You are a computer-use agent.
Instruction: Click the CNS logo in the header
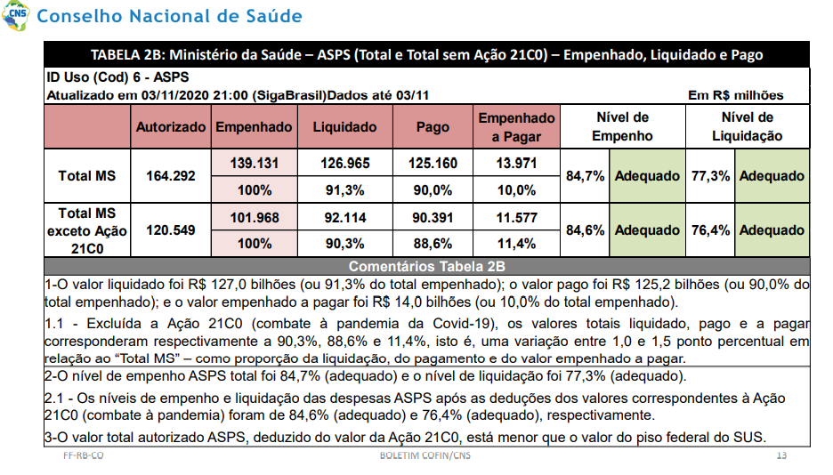[15, 15]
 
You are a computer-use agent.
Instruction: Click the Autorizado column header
[171, 127]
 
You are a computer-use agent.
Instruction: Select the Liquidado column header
[344, 127]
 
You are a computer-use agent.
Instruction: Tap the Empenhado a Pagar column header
[516, 127]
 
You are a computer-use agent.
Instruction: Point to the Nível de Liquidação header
[747, 127]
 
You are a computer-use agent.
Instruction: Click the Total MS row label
[86, 175]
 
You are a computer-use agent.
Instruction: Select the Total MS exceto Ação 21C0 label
[86, 231]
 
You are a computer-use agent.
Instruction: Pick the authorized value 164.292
[171, 175]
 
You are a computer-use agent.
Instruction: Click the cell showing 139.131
[255, 163]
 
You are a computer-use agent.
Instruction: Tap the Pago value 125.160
[433, 163]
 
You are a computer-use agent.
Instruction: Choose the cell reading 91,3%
[344, 190]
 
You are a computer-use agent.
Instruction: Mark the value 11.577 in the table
[516, 218]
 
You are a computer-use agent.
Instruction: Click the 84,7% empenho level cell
[585, 175]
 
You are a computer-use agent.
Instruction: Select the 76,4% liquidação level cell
[710, 230]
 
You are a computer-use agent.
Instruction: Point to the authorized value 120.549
[171, 230]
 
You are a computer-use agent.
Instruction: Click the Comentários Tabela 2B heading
[426, 267]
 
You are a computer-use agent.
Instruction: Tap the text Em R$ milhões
[736, 95]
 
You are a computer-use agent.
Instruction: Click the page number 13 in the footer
[781, 455]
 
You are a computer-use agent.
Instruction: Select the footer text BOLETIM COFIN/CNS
[425, 455]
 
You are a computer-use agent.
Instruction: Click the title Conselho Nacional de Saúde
[169, 16]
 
